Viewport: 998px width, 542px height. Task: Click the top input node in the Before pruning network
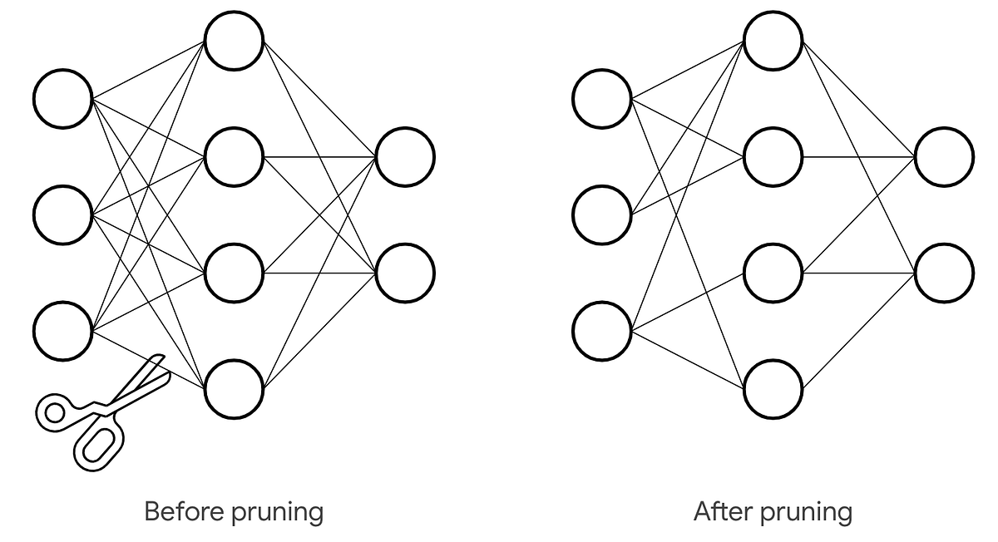tap(63, 99)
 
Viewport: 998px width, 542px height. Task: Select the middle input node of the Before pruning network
tap(63, 214)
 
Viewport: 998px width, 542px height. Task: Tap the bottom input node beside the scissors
tap(63, 331)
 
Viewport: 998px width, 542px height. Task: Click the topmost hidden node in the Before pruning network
tap(235, 41)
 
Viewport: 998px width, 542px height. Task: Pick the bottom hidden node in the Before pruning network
tap(235, 389)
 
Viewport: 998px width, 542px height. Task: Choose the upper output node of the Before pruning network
tap(405, 156)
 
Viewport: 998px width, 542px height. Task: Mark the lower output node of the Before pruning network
tap(405, 273)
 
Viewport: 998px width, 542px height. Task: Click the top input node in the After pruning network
tap(602, 99)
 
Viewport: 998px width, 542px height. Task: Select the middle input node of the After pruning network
tap(602, 214)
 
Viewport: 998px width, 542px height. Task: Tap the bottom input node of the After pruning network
tap(602, 331)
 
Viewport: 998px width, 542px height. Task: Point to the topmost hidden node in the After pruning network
tap(773, 41)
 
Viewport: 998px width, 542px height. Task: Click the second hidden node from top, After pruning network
tap(773, 156)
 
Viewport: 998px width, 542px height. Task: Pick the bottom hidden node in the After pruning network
tap(773, 389)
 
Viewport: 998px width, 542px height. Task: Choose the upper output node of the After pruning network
tap(944, 156)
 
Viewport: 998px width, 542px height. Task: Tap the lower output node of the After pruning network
tap(944, 273)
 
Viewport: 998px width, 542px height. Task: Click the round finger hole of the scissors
tap(55, 411)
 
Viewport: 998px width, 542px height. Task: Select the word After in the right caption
tap(720, 510)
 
